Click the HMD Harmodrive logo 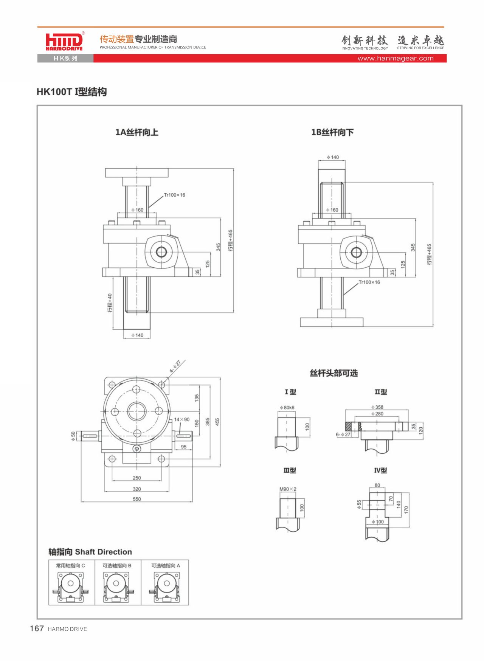coord(64,41)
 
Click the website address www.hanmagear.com coord(396,58)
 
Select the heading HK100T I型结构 coord(72,92)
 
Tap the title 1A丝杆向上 coord(137,132)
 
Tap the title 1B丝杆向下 coord(332,132)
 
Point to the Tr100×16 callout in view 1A coord(174,195)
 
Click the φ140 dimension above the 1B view coord(333,157)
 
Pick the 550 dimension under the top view coord(137,499)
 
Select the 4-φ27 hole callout coord(175,367)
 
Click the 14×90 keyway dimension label coord(182,419)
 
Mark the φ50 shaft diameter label coord(73,436)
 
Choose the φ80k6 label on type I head coord(287,408)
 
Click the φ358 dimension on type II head coord(377,407)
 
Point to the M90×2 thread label coord(288,489)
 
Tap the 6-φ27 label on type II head coord(343,434)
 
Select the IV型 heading coord(380,470)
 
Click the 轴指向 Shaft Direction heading coord(90,552)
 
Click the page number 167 coord(37,628)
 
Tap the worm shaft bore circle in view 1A coord(161,252)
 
